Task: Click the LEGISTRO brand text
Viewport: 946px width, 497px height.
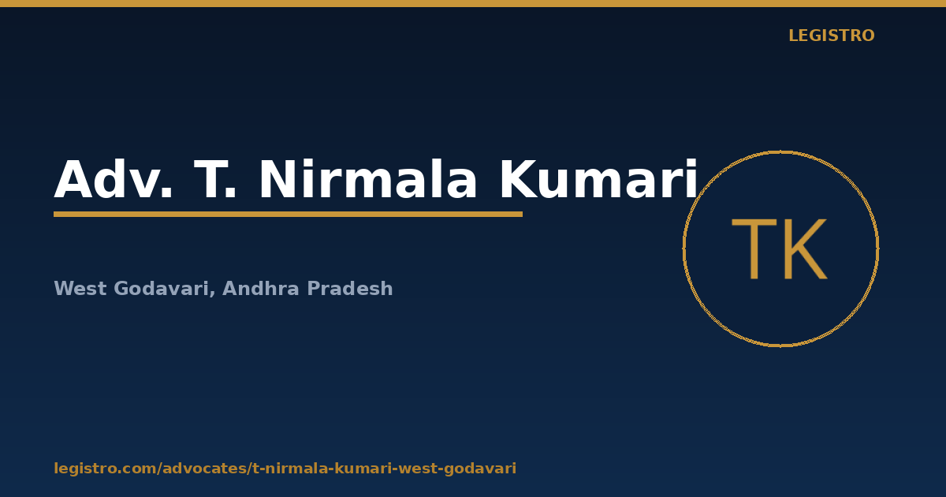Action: (831, 35)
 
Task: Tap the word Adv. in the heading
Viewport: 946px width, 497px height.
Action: (114, 179)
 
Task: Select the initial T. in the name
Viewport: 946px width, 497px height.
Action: (214, 179)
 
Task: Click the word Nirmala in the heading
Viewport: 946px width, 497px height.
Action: (367, 179)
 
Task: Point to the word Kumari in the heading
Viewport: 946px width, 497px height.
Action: (598, 179)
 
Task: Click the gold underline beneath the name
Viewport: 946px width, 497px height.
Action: (288, 215)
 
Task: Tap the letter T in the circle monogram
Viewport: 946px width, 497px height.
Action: (754, 248)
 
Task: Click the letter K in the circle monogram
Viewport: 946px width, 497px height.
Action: (806, 248)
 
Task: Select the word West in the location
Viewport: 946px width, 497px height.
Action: (80, 289)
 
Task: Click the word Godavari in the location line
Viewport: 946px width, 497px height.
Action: (162, 289)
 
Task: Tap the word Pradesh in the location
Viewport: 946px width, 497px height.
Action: (350, 289)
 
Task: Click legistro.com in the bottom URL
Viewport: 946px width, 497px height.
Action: (105, 469)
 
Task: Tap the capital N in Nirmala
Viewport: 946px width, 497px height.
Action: (277, 179)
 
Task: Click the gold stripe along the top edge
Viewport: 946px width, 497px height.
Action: (473, 3)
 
